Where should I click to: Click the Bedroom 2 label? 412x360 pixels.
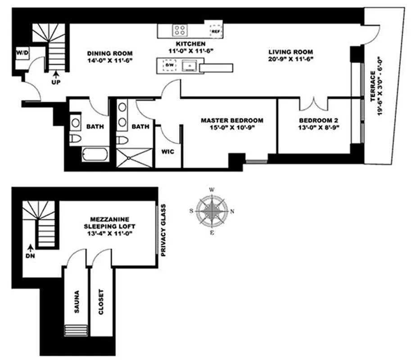[x=319, y=121]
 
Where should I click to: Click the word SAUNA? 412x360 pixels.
[x=77, y=302]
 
